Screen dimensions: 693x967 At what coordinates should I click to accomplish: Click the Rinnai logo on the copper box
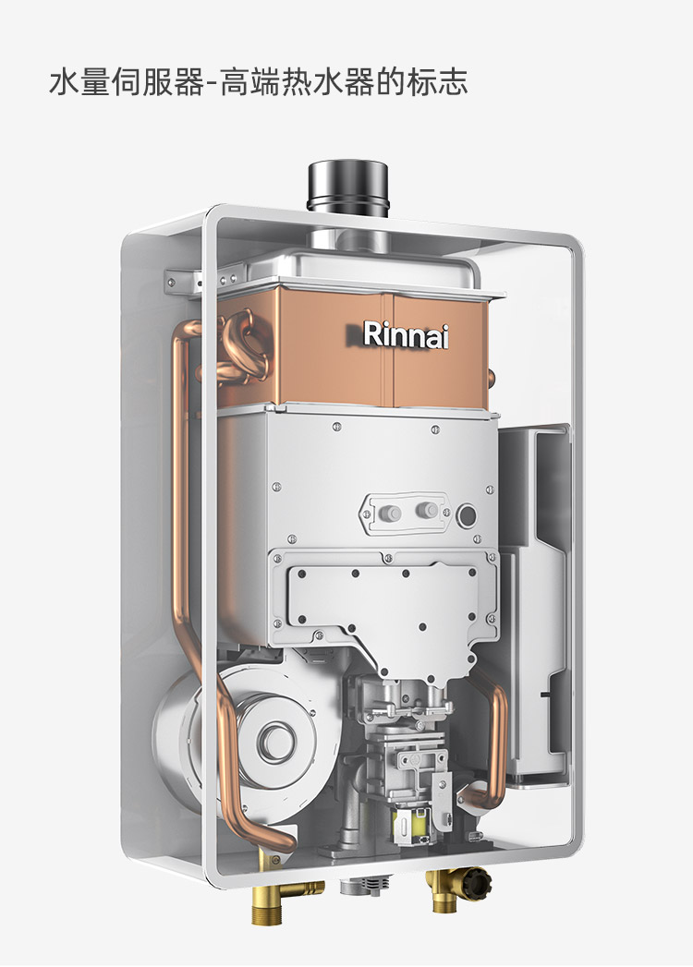point(405,335)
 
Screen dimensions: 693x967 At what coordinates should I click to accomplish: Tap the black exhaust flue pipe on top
point(348,188)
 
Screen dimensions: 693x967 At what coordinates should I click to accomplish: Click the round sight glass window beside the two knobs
point(467,515)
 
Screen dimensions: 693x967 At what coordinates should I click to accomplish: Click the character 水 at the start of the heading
point(64,82)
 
